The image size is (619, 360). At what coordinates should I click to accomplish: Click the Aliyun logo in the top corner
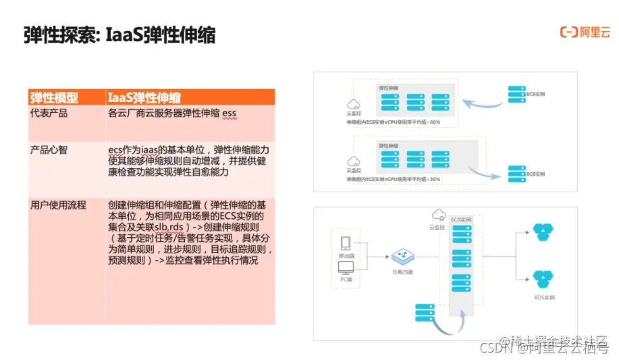(x=585, y=32)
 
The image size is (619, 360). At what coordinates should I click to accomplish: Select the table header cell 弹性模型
(x=54, y=98)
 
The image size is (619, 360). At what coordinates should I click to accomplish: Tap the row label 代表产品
(x=49, y=113)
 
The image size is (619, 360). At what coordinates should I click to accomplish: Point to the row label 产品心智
(x=49, y=149)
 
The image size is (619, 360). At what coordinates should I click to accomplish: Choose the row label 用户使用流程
(x=59, y=205)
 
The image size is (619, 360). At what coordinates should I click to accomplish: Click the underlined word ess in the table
(x=230, y=113)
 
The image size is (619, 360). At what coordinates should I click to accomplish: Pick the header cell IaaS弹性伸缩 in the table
(x=144, y=98)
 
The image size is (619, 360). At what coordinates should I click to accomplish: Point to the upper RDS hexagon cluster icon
(x=542, y=232)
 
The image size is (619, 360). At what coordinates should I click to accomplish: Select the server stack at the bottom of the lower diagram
(x=423, y=311)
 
